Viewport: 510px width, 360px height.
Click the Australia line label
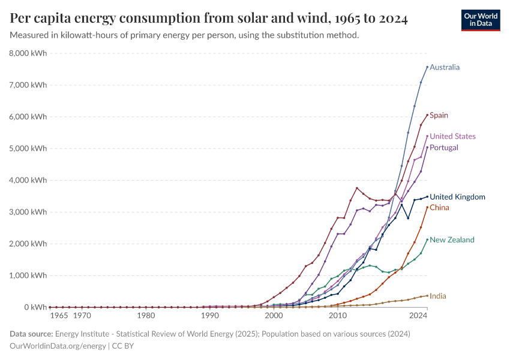(x=445, y=67)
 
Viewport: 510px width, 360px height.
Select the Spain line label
(x=439, y=115)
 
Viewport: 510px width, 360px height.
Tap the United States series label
(x=452, y=136)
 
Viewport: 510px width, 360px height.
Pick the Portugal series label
(x=444, y=148)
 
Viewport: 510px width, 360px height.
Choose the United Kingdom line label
(x=457, y=197)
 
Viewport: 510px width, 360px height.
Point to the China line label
(x=439, y=208)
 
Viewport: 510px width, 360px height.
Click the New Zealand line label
(x=452, y=240)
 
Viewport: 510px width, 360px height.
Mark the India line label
(x=438, y=296)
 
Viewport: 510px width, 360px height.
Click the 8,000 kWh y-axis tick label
(x=28, y=53)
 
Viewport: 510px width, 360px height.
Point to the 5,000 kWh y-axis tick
(x=28, y=148)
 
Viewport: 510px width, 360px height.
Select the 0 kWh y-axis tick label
(x=36, y=307)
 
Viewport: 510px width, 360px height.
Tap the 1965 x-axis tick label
(x=59, y=315)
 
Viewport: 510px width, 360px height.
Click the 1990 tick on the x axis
(x=209, y=315)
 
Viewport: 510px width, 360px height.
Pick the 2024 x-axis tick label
(x=418, y=315)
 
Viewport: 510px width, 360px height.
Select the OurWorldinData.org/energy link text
(x=57, y=346)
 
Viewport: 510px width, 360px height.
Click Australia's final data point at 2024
(x=427, y=67)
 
